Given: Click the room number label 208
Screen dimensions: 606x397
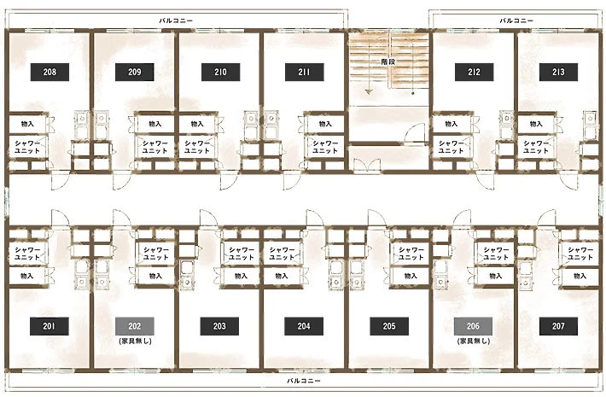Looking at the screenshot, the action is [x=50, y=72].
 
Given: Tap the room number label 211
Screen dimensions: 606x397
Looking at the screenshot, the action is [x=304, y=72].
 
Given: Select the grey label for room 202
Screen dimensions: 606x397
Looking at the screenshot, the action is [x=135, y=326].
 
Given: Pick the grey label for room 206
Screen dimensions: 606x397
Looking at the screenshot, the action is [x=473, y=326].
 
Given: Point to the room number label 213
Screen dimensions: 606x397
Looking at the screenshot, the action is [x=558, y=72].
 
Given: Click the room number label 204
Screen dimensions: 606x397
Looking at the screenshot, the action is [x=304, y=326].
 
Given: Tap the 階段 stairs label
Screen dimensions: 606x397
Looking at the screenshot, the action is [x=388, y=61].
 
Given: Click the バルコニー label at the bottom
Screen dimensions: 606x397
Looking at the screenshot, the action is [x=303, y=381].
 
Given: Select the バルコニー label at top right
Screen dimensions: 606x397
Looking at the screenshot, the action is [x=516, y=20].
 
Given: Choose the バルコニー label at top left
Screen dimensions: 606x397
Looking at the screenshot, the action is [x=176, y=20].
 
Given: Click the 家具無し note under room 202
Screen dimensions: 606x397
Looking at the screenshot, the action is [x=135, y=341].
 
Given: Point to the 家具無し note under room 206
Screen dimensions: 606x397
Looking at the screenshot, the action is [x=474, y=341].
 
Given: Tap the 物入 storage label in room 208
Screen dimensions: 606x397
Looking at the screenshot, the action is [x=27, y=124].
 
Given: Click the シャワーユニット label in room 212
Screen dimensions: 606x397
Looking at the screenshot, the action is [x=451, y=147].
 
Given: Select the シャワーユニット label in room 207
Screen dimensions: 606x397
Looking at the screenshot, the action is [x=580, y=254].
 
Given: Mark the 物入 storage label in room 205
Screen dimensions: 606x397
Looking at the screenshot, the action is [x=411, y=276].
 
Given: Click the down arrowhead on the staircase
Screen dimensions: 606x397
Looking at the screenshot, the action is [x=369, y=92].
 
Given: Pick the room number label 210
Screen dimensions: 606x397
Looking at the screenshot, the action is [x=221, y=72].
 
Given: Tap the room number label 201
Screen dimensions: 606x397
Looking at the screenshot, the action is [x=50, y=326].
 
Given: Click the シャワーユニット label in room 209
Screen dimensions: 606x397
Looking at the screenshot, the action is [x=154, y=147].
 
